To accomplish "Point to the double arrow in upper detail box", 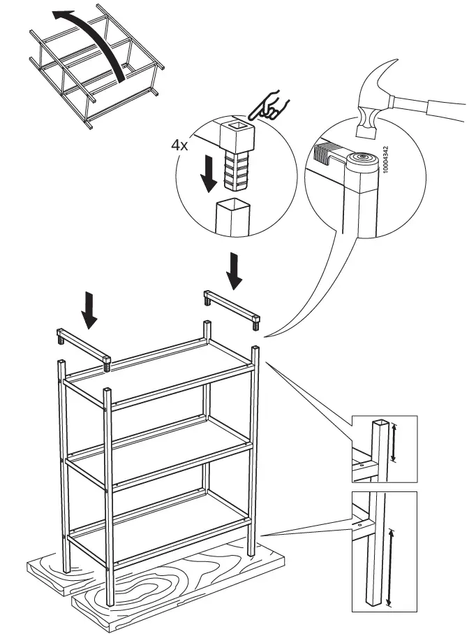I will click(x=395, y=442).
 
